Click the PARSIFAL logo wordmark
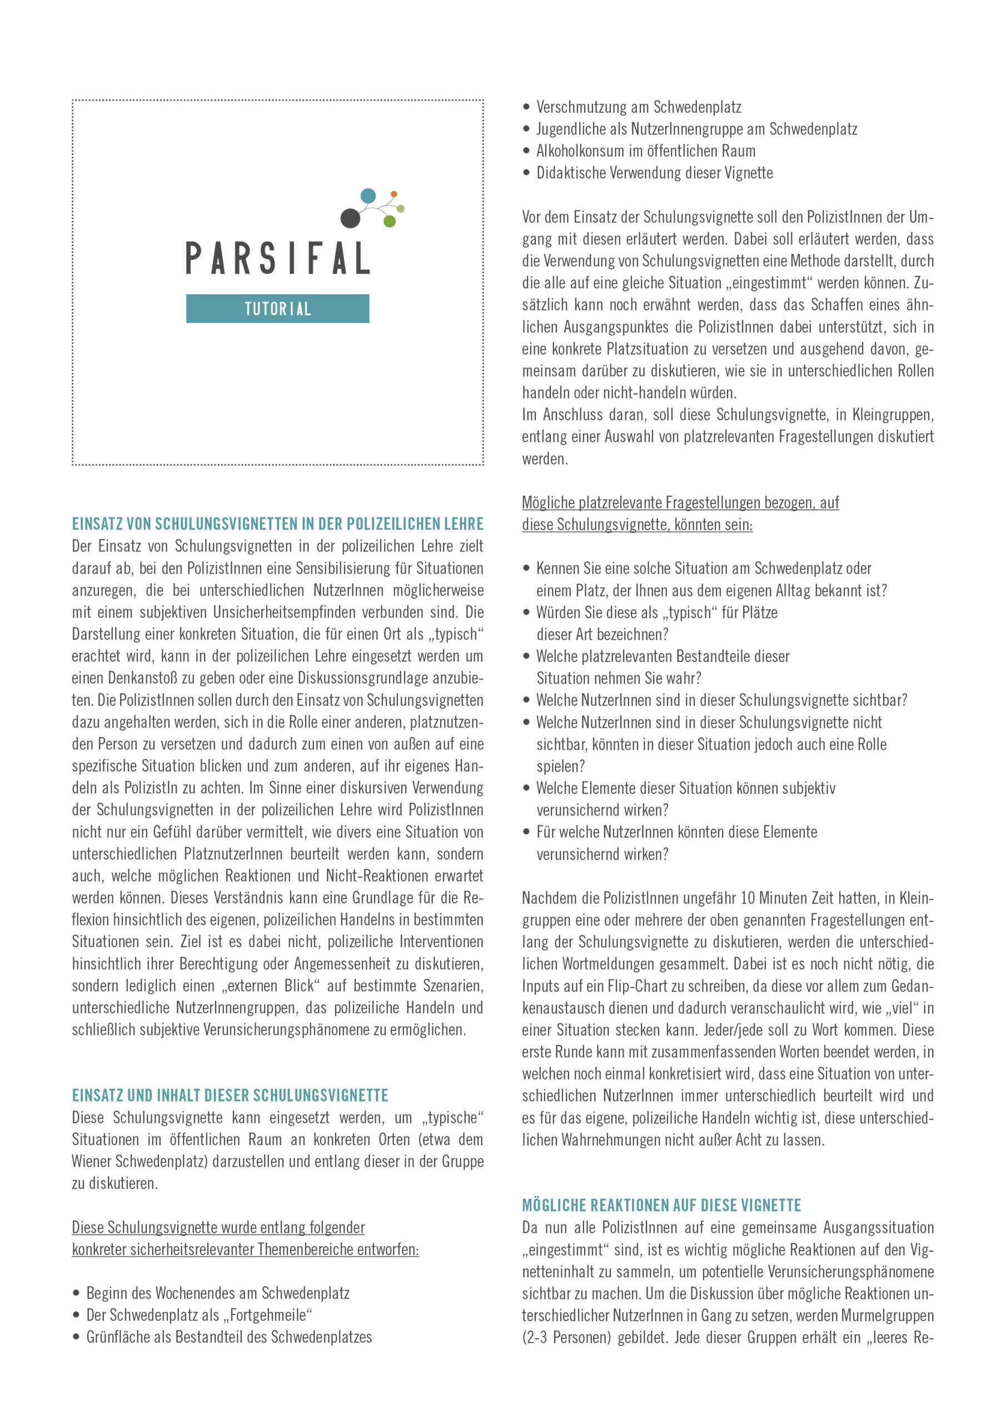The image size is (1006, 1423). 278,258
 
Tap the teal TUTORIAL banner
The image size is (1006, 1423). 278,309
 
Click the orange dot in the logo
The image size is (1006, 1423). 394,194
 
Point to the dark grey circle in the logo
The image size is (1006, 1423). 350,217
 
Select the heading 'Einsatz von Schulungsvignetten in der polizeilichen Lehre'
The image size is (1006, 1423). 278,524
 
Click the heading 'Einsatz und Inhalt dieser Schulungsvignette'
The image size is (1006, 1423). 230,1095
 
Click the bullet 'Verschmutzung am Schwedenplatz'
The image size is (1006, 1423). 639,107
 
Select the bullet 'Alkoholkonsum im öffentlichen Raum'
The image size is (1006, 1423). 645,151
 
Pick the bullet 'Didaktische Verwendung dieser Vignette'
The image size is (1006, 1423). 655,173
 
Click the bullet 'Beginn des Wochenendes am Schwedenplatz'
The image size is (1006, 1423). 217,1293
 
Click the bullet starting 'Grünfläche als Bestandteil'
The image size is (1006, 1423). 229,1337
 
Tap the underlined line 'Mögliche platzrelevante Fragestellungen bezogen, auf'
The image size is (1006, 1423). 680,502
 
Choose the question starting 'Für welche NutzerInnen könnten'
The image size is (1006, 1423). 676,832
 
